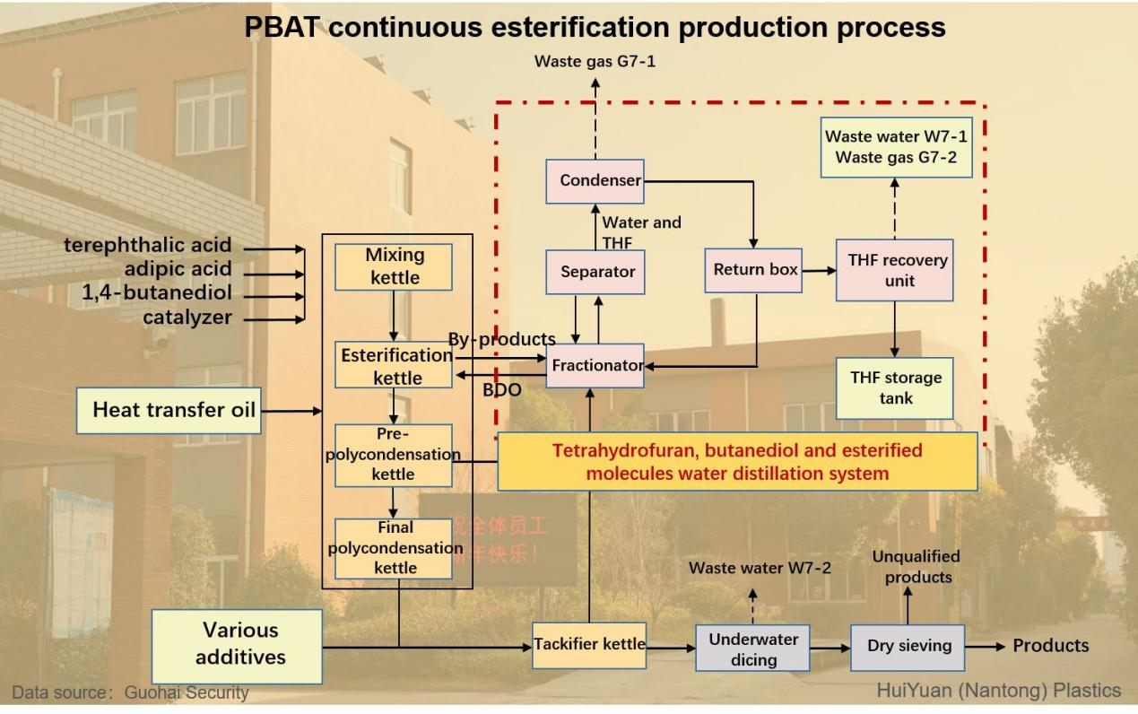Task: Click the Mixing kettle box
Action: (394, 266)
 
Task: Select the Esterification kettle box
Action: (394, 365)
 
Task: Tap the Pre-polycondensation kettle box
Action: (393, 455)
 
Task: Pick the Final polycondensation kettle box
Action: (394, 548)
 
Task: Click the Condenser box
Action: (595, 181)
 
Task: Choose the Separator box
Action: (595, 272)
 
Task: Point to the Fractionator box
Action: (595, 366)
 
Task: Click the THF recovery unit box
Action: (894, 270)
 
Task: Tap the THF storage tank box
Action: (894, 388)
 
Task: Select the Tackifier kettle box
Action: (589, 645)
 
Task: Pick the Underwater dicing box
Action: (752, 649)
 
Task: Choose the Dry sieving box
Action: (908, 647)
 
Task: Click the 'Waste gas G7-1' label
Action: (595, 62)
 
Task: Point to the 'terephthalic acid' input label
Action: (147, 245)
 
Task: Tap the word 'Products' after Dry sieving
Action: (1050, 646)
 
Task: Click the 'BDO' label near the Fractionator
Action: (501, 390)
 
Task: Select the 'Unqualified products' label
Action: (916, 567)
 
